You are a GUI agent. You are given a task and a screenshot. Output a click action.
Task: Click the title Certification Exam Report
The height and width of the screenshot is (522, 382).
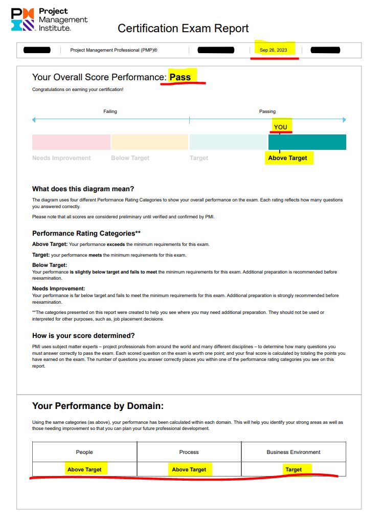[183, 28]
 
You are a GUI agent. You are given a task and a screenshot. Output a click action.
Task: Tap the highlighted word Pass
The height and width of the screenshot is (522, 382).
[180, 77]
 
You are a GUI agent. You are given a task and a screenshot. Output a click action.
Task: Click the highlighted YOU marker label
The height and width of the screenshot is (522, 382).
[280, 127]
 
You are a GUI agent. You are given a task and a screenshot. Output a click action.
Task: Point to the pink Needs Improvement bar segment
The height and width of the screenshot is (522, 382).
[71, 142]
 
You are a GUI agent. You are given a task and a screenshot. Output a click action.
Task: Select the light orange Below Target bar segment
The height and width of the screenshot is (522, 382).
[149, 142]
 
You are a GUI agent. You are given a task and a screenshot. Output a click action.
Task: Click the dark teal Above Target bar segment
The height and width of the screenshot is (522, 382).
[307, 142]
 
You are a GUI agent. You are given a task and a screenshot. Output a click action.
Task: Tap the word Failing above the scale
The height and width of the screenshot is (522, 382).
[110, 111]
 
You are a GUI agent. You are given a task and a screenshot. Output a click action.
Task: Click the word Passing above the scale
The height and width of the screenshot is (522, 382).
[267, 111]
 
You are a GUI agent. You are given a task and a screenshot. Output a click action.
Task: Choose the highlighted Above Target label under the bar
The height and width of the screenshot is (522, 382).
[287, 158]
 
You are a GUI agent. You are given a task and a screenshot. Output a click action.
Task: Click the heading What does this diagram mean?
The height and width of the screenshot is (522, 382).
[83, 189]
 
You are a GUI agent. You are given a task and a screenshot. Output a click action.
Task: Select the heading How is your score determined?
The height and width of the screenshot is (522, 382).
[83, 335]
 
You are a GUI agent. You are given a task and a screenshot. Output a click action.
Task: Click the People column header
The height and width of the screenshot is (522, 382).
[84, 452]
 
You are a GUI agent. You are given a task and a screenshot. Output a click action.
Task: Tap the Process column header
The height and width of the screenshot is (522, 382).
[189, 452]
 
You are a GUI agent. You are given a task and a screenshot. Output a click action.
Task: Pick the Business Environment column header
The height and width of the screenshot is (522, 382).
[294, 452]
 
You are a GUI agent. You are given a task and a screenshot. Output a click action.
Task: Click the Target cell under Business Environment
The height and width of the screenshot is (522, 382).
[294, 469]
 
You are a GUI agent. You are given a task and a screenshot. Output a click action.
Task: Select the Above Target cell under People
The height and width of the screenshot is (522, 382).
[84, 469]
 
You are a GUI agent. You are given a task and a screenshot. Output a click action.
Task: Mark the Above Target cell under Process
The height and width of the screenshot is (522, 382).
[189, 469]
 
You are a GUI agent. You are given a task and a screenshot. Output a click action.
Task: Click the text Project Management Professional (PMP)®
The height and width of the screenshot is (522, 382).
[114, 50]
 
